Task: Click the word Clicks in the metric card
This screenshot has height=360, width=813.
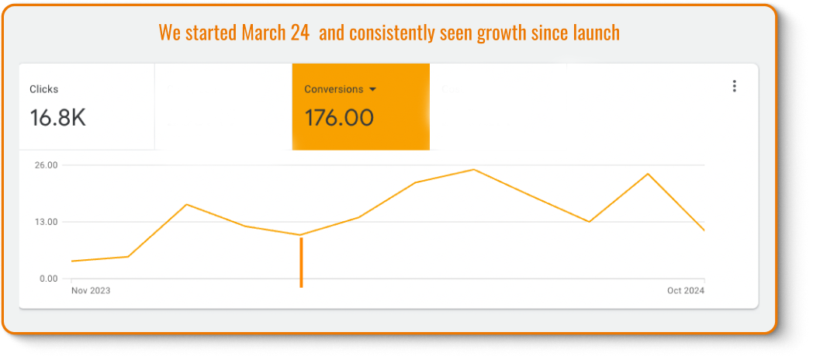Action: pyautogui.click(x=43, y=89)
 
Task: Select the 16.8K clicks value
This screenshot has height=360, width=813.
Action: pyautogui.click(x=57, y=118)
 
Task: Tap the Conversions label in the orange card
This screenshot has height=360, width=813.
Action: pyautogui.click(x=334, y=89)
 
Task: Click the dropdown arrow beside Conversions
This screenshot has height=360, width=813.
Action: pyautogui.click(x=373, y=89)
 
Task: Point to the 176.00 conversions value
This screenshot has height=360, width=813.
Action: pyautogui.click(x=339, y=118)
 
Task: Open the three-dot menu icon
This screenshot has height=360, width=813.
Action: pyautogui.click(x=734, y=86)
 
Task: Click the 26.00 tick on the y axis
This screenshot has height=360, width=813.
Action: pyautogui.click(x=47, y=165)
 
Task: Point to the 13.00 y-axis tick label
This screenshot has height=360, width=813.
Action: pyautogui.click(x=47, y=222)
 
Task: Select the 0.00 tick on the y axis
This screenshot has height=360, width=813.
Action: pyautogui.click(x=49, y=279)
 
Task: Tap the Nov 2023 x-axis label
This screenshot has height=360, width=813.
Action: pyautogui.click(x=91, y=291)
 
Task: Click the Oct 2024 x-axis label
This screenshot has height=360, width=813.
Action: pyautogui.click(x=686, y=291)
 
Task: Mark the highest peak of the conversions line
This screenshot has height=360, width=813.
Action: pyautogui.click(x=473, y=169)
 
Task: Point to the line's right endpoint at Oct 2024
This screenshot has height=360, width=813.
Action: pyautogui.click(x=704, y=230)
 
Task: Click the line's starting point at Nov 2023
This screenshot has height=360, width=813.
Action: pyautogui.click(x=71, y=261)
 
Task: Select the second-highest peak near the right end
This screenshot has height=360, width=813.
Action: pyautogui.click(x=647, y=174)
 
